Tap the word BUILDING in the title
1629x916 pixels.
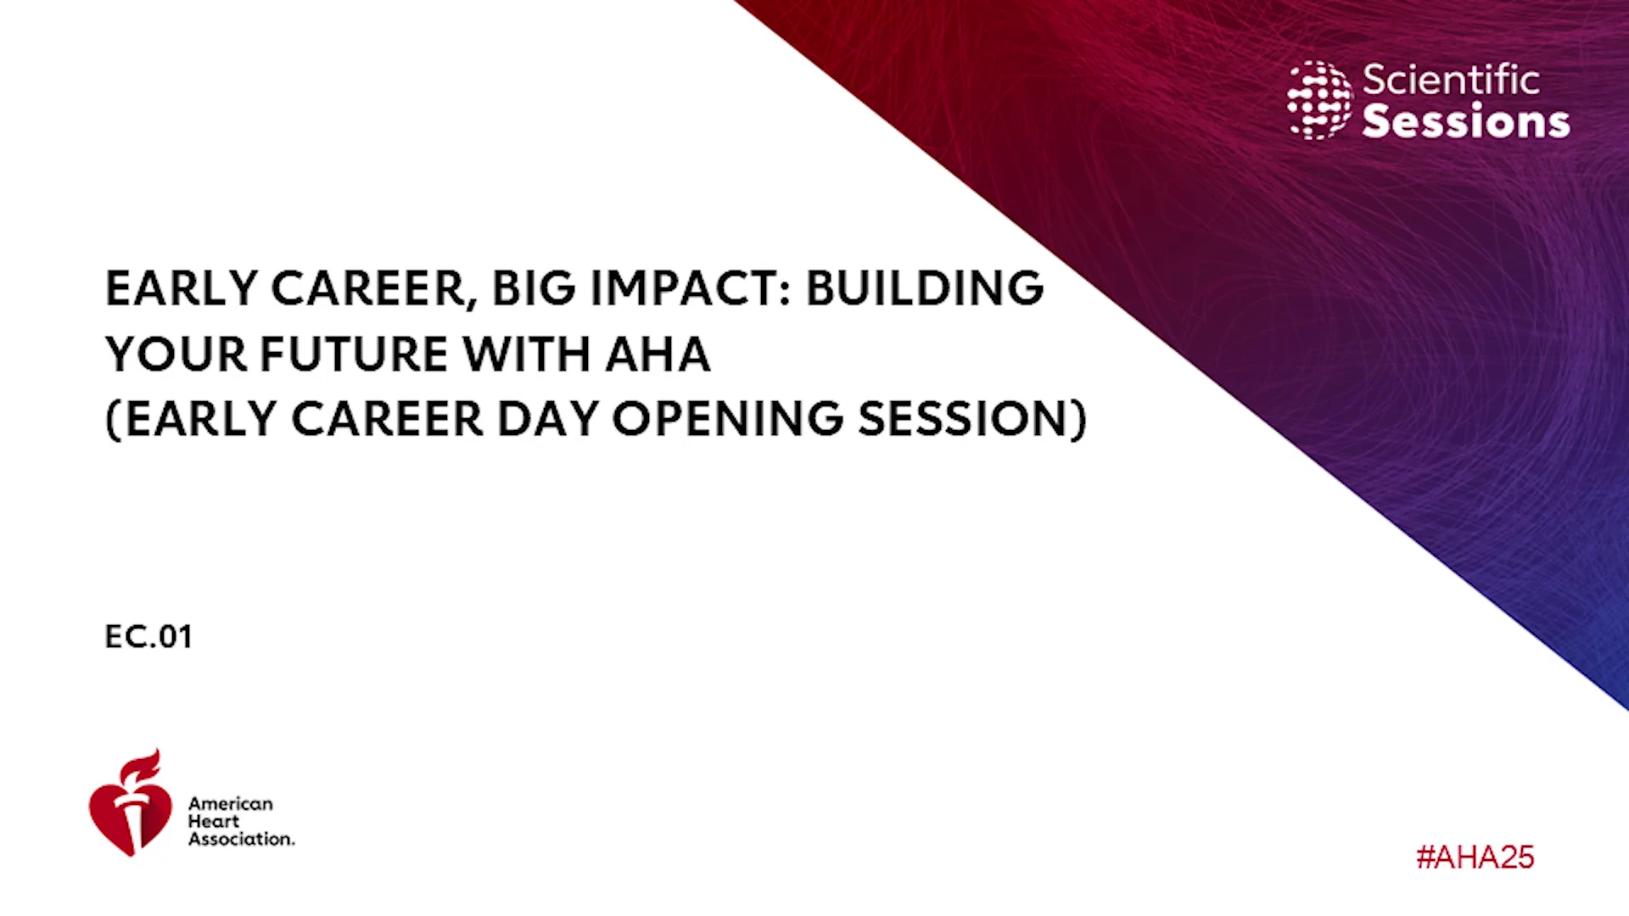click(925, 288)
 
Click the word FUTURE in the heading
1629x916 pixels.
click(354, 354)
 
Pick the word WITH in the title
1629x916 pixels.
click(527, 354)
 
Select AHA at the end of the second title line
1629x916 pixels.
click(658, 354)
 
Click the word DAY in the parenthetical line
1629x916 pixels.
click(548, 419)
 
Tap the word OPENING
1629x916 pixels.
click(728, 419)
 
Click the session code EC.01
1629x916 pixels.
click(148, 637)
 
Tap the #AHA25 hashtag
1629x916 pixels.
click(1475, 857)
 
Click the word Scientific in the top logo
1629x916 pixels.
click(1451, 80)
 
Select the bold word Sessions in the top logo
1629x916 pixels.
click(1466, 120)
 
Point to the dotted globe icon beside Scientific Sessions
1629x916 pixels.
click(1319, 100)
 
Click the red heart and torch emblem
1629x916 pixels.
click(131, 803)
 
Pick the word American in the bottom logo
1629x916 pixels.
click(231, 803)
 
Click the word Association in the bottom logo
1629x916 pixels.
click(242, 839)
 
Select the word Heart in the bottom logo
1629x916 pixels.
click(214, 821)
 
